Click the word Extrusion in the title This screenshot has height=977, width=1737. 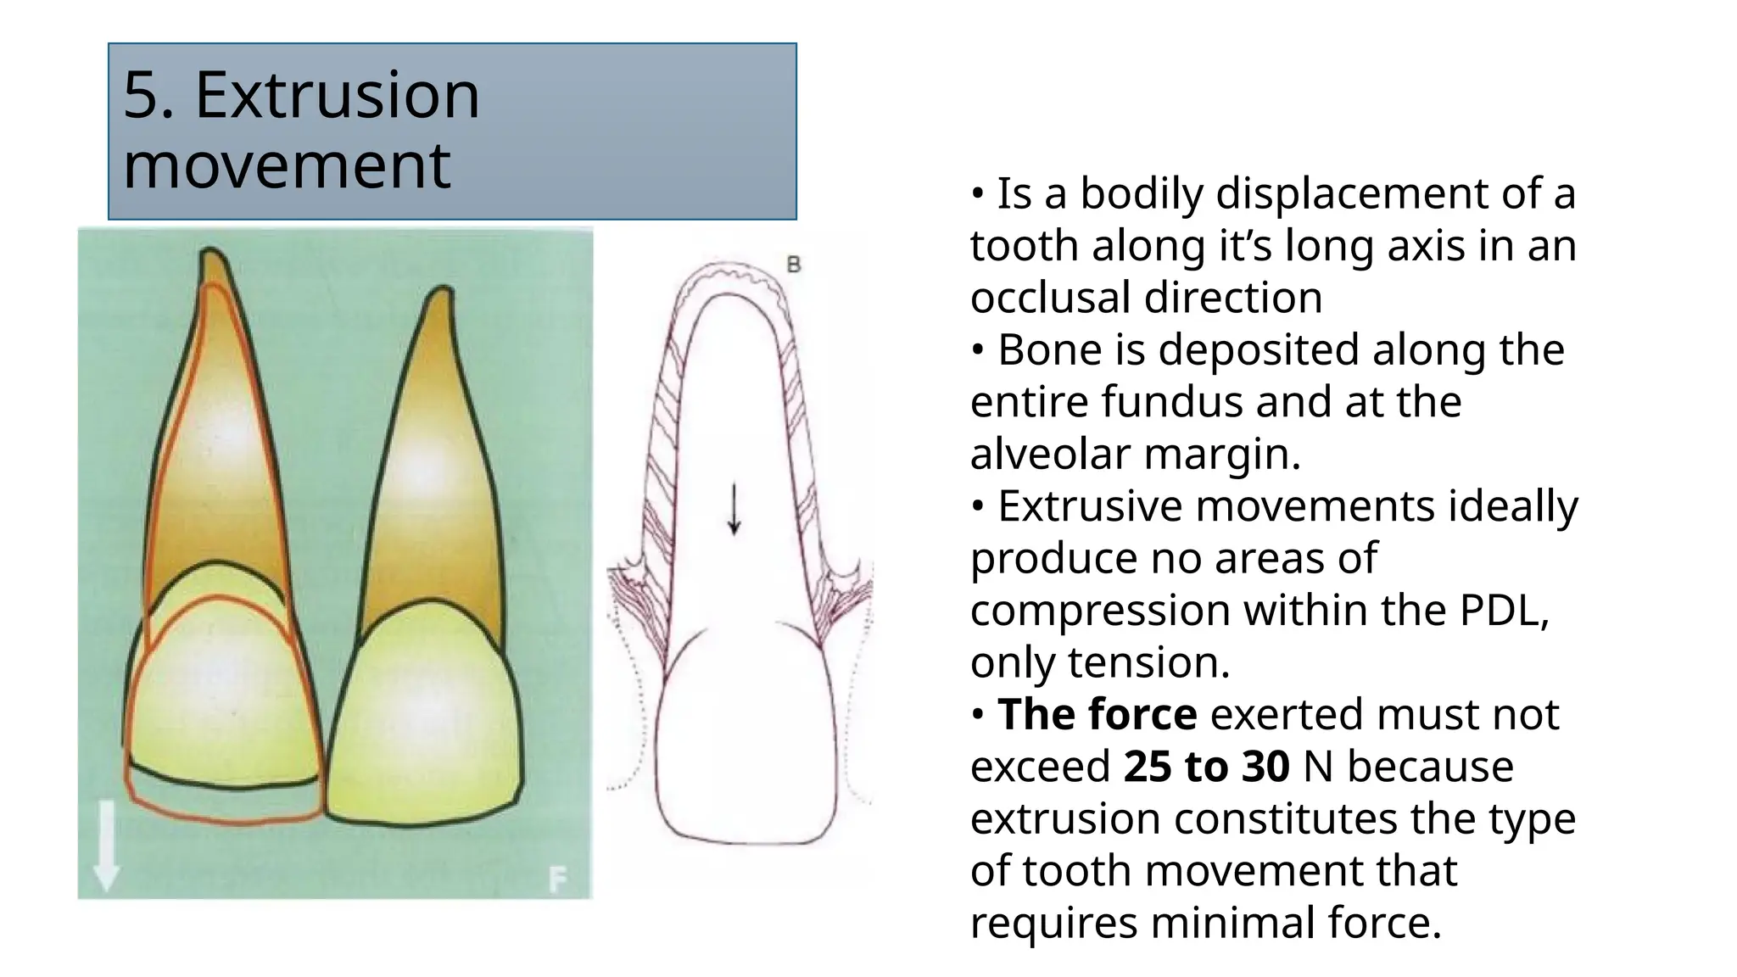337,95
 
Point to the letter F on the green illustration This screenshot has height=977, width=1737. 557,879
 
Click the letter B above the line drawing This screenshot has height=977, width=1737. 794,265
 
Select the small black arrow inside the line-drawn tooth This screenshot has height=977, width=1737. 734,509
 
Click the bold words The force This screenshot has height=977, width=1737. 1097,714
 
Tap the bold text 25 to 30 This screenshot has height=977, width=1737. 1206,767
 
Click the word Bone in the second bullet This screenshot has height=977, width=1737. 1049,349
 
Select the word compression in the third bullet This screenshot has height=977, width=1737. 1099,611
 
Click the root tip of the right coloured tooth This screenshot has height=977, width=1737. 441,293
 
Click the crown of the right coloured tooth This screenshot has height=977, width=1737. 424,712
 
